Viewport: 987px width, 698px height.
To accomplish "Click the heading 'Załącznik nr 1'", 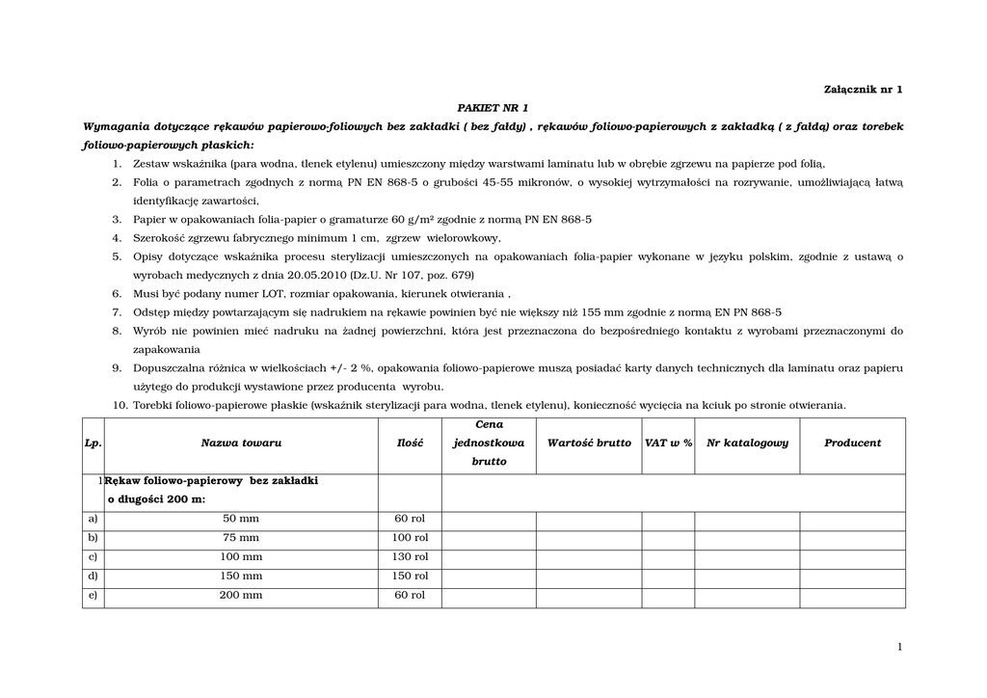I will (x=864, y=89).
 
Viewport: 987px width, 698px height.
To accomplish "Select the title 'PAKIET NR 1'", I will (x=493, y=107).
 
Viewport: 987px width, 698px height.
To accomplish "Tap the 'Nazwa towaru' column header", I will (x=241, y=443).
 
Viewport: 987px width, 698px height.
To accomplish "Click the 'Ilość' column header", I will (x=410, y=443).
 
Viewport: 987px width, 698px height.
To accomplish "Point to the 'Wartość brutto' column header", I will (x=589, y=443).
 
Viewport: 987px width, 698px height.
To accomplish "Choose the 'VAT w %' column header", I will (x=668, y=443).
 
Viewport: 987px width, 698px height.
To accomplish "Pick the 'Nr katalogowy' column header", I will (x=747, y=443).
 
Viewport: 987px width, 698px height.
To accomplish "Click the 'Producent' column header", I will (x=852, y=443).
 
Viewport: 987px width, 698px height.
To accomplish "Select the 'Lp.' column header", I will (x=93, y=443).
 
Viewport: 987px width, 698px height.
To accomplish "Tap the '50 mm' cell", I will (x=241, y=519).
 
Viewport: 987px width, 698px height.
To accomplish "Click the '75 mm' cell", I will (x=241, y=538).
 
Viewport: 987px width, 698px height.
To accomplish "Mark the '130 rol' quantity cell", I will (x=410, y=557).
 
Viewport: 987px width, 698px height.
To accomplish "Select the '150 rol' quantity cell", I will (x=410, y=577).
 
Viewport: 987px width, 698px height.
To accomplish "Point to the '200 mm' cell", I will (x=241, y=596).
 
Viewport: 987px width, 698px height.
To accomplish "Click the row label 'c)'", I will (x=93, y=557).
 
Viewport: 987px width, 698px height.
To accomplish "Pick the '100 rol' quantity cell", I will (x=410, y=538).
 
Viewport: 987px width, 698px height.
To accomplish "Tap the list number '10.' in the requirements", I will (x=120, y=405).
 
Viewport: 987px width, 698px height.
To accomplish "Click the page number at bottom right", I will (x=899, y=647).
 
